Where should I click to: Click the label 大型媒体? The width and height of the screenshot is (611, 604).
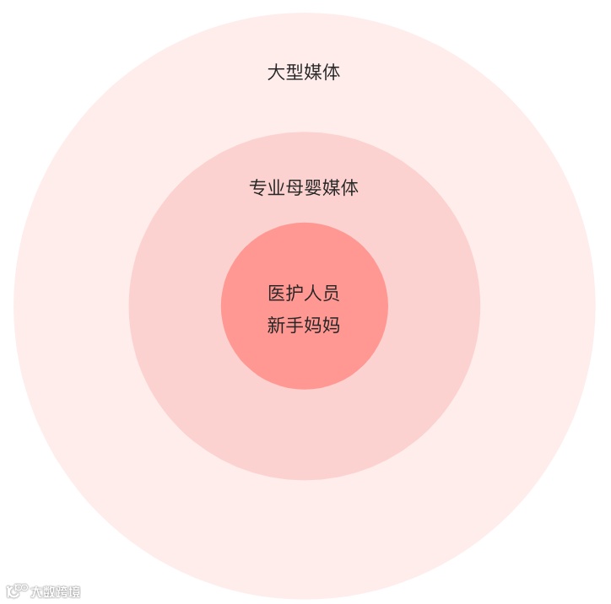304,72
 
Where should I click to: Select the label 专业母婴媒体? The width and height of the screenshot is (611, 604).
304,187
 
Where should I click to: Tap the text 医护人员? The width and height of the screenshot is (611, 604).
304,294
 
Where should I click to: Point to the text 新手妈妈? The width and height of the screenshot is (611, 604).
304,325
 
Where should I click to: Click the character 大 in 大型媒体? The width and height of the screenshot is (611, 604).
276,72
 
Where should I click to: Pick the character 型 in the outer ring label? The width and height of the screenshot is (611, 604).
295,72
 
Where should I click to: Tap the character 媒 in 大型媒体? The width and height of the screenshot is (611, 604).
313,72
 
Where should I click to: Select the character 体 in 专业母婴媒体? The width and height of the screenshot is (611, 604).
350,187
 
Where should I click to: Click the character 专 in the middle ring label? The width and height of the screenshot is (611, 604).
257,187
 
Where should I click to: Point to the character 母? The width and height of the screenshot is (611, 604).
295,187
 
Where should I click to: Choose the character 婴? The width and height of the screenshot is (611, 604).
313,187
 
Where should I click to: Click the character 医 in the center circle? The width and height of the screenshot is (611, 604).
276,294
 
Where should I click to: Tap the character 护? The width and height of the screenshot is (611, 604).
295,294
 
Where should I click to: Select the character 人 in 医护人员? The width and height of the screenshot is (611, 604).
313,294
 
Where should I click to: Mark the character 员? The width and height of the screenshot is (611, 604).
332,294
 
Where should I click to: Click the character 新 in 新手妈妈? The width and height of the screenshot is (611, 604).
276,325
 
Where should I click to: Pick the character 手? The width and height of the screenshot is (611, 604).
295,325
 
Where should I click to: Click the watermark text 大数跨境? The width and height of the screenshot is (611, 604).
55,591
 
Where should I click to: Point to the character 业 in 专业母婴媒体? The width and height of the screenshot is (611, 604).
276,187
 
